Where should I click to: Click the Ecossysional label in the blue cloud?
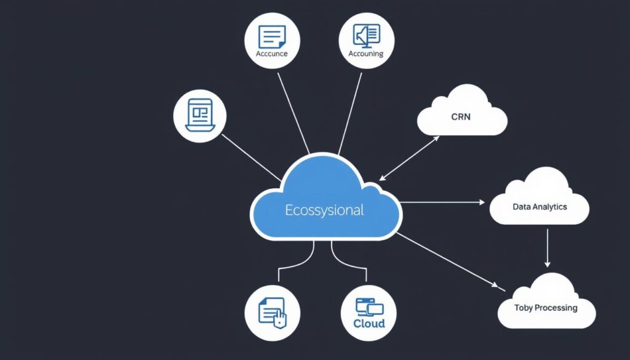[324, 210]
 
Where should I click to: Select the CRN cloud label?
[460, 116]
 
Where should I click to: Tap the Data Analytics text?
[540, 207]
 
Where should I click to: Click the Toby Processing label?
[546, 307]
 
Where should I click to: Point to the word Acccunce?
[271, 54]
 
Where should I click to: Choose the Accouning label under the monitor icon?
[365, 54]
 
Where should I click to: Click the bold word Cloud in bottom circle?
[369, 323]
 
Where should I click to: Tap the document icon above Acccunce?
[271, 36]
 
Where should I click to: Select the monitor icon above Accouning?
[367, 35]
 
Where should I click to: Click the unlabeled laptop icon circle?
[201, 115]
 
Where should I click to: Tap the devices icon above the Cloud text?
[369, 306]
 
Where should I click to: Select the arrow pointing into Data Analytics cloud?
[443, 201]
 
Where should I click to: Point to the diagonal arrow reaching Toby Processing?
[446, 258]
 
